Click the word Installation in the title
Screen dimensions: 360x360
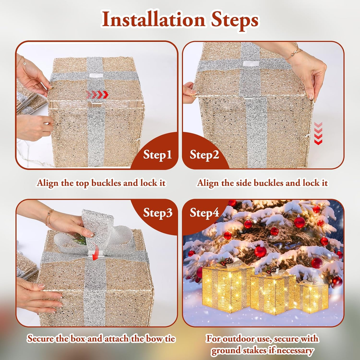tap(153, 20)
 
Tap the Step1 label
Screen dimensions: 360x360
tap(157, 154)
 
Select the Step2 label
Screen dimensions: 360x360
tap(204, 154)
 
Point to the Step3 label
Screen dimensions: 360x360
tap(158, 213)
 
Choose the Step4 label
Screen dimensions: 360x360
tap(204, 213)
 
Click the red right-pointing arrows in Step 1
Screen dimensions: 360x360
tap(97, 94)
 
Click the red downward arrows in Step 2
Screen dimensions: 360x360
tap(318, 133)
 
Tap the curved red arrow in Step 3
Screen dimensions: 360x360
tap(95, 252)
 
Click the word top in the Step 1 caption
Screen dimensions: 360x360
tap(82, 183)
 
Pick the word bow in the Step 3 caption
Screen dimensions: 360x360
tap(156, 339)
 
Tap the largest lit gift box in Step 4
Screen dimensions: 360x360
tap(228, 288)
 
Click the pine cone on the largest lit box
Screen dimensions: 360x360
tap(229, 261)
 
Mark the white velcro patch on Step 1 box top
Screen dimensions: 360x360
tap(96, 76)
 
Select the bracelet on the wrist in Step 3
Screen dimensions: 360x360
tap(49, 217)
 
